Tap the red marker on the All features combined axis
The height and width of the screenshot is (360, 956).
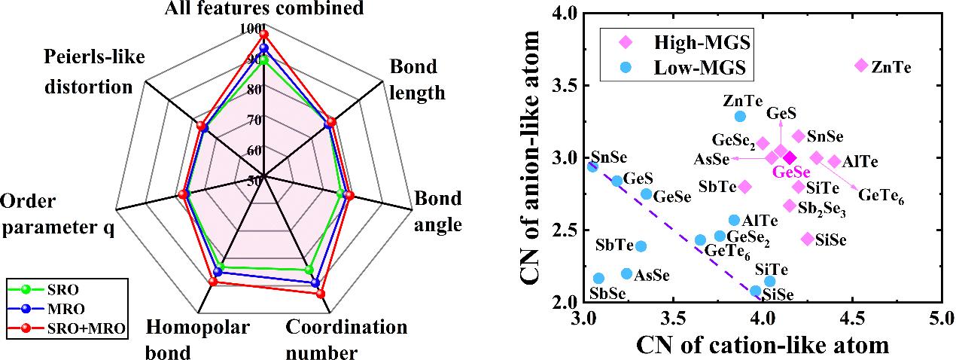pyautogui.click(x=263, y=35)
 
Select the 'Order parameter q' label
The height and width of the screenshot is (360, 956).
pyautogui.click(x=58, y=215)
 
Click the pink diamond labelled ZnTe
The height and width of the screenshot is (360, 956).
pyautogui.click(x=861, y=66)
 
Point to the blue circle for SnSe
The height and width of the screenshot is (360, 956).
pyautogui.click(x=592, y=166)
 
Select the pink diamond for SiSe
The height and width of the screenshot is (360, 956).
pyautogui.click(x=808, y=239)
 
